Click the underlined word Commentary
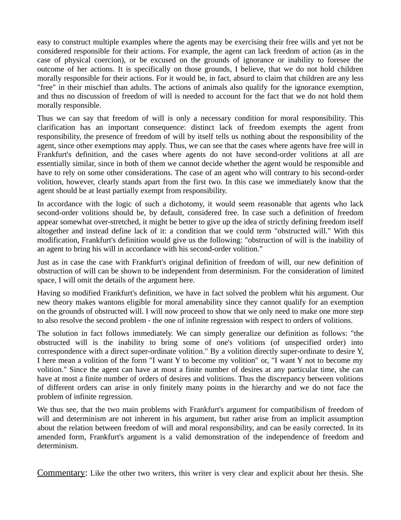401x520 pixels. point(61,473)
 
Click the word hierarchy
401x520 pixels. point(279,387)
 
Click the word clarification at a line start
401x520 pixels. point(55,127)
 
